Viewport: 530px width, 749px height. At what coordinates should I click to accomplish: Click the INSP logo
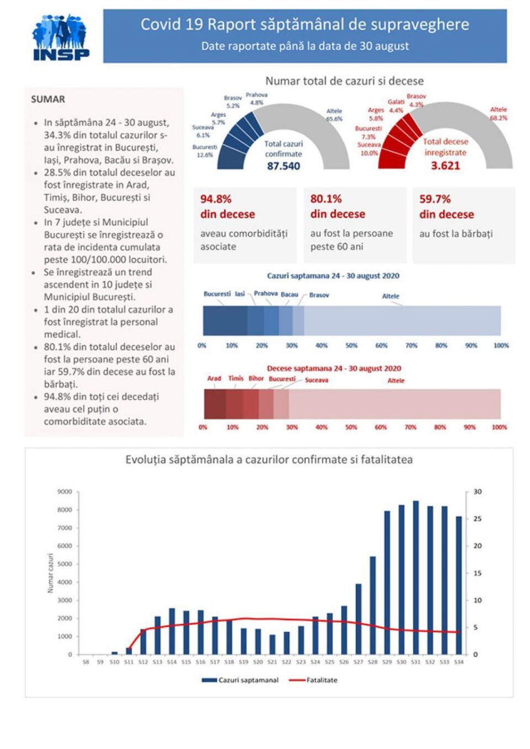coord(60,37)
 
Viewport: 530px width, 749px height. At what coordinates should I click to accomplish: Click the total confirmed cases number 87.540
coord(283,166)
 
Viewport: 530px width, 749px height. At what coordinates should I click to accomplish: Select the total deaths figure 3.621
coord(445,165)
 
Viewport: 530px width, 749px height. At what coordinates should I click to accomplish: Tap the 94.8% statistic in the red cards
coord(216,199)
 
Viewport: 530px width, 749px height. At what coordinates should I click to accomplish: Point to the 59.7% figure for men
coord(435,199)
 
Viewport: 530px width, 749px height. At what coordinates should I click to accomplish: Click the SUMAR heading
coord(48,99)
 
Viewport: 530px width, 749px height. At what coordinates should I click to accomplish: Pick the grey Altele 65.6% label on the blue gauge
coord(334,115)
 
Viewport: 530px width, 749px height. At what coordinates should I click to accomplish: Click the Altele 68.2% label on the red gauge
coord(498,114)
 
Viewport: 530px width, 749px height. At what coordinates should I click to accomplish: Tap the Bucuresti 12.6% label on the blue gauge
coord(205,151)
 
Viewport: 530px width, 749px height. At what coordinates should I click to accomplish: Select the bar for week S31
coord(416,577)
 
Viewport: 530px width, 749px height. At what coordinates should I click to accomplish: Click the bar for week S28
coord(373,605)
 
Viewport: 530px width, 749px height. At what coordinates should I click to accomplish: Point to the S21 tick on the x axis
coord(272,662)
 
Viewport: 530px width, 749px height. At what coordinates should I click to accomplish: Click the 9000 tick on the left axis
coord(65,491)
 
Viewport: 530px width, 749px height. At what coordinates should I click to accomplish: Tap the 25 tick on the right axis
coord(478,518)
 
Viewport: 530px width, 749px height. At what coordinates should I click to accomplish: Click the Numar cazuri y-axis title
coord(51,573)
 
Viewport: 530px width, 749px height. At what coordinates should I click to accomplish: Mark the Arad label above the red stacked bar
coord(214,378)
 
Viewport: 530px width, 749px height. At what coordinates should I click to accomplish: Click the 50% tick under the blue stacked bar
coord(351,345)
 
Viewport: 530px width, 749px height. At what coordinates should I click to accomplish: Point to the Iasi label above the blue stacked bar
coord(240,294)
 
